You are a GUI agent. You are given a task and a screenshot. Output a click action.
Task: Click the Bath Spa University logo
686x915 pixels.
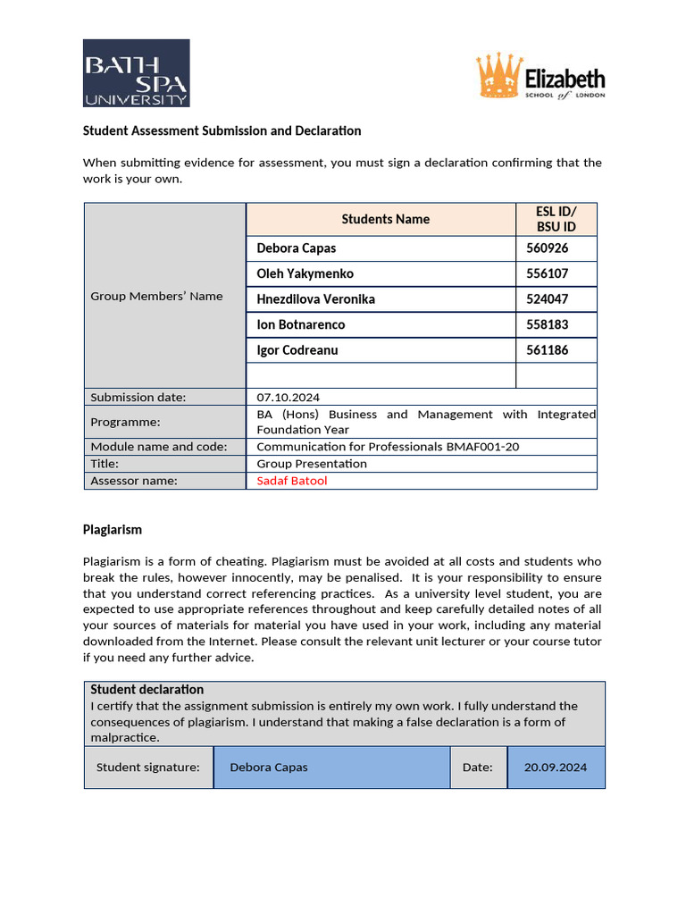136,72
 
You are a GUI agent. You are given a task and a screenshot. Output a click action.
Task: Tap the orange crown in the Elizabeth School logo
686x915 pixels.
498,76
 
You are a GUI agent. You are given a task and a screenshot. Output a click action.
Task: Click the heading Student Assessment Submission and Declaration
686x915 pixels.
222,130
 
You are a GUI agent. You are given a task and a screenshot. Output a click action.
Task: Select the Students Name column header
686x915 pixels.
385,219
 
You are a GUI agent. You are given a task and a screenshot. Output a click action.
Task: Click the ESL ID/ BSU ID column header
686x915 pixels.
556,219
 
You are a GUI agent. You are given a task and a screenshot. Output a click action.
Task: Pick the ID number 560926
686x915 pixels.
547,248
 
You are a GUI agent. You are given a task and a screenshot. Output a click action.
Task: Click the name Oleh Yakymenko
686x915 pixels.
305,273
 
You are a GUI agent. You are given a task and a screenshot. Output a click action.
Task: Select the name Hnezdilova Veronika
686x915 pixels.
315,299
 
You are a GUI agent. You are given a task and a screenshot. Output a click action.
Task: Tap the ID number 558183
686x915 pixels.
547,324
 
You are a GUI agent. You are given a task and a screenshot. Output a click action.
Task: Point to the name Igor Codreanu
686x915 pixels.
297,350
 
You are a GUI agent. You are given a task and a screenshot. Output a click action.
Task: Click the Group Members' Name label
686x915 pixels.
156,296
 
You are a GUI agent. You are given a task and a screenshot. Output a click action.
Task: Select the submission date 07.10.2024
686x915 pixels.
288,397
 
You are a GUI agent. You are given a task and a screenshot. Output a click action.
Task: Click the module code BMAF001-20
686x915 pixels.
481,447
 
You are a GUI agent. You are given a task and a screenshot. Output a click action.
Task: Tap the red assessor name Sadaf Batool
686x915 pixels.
292,481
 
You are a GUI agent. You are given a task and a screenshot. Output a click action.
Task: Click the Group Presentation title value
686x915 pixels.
312,464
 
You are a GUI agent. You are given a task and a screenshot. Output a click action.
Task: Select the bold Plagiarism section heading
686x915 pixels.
113,530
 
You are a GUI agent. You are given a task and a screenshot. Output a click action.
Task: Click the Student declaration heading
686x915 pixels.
147,690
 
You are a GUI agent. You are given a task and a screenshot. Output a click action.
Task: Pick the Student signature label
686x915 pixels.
147,768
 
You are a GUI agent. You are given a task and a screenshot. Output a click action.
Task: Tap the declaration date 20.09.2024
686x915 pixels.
556,768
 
